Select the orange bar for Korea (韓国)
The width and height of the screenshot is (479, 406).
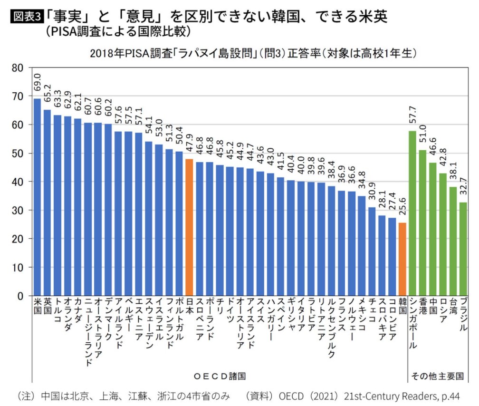402,259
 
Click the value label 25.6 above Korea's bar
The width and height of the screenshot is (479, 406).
402,209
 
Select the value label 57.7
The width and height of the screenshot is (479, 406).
412,117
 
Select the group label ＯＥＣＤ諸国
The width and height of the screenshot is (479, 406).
220,376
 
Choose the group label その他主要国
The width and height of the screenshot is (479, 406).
436,376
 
